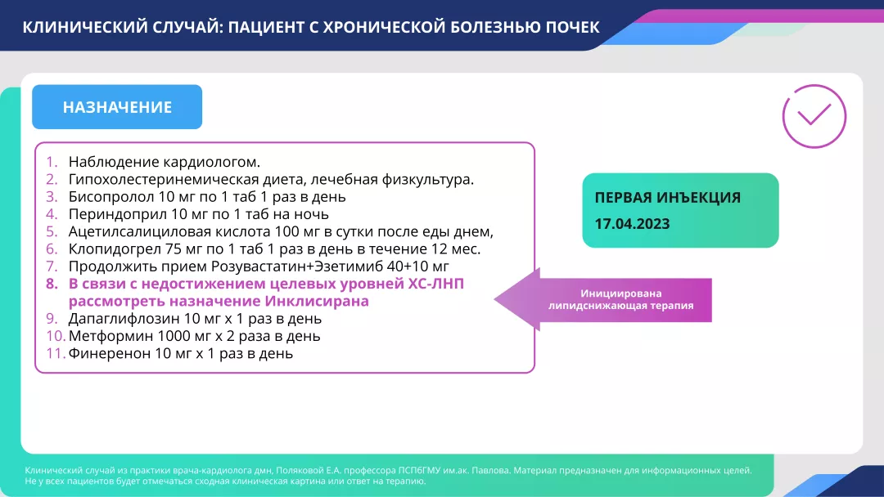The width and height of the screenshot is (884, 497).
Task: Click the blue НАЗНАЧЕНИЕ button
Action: (117, 107)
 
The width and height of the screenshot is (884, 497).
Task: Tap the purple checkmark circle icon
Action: (814, 116)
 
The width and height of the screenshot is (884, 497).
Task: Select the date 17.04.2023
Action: (632, 223)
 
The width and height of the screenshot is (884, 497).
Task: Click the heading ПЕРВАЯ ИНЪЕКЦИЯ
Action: (667, 197)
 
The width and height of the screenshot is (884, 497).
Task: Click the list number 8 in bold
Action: (52, 284)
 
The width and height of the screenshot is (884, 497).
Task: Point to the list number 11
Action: (55, 354)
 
